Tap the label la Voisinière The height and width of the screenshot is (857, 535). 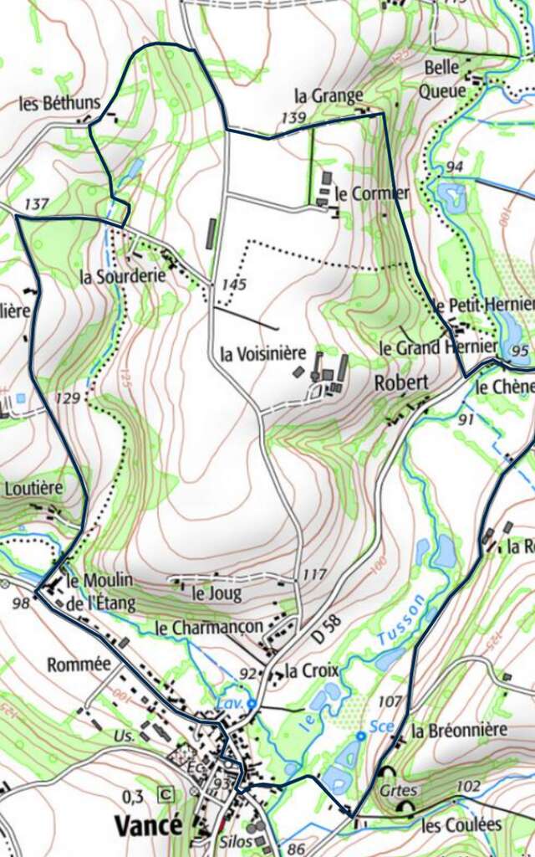pyautogui.click(x=263, y=353)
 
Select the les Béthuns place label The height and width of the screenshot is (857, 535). pyautogui.click(x=59, y=104)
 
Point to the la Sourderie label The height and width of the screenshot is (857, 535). pyautogui.click(x=123, y=276)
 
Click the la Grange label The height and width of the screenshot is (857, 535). pyautogui.click(x=329, y=95)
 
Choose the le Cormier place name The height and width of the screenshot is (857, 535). pyautogui.click(x=372, y=193)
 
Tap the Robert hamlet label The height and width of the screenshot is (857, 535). pyautogui.click(x=401, y=382)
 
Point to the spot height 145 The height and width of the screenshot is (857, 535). pyautogui.click(x=234, y=285)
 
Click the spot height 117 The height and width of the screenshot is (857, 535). pyautogui.click(x=314, y=575)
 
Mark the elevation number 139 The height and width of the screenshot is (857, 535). pyautogui.click(x=293, y=117)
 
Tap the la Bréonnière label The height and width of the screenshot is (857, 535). pyautogui.click(x=459, y=730)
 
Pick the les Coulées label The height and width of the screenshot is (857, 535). pyautogui.click(x=461, y=824)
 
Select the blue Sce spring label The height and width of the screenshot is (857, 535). pyautogui.click(x=381, y=726)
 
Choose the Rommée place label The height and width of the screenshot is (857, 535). pyautogui.click(x=79, y=665)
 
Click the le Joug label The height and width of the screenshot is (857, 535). pyautogui.click(x=217, y=594)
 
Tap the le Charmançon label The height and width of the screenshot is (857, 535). pyautogui.click(x=209, y=627)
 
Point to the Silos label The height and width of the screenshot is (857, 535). pyautogui.click(x=237, y=843)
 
